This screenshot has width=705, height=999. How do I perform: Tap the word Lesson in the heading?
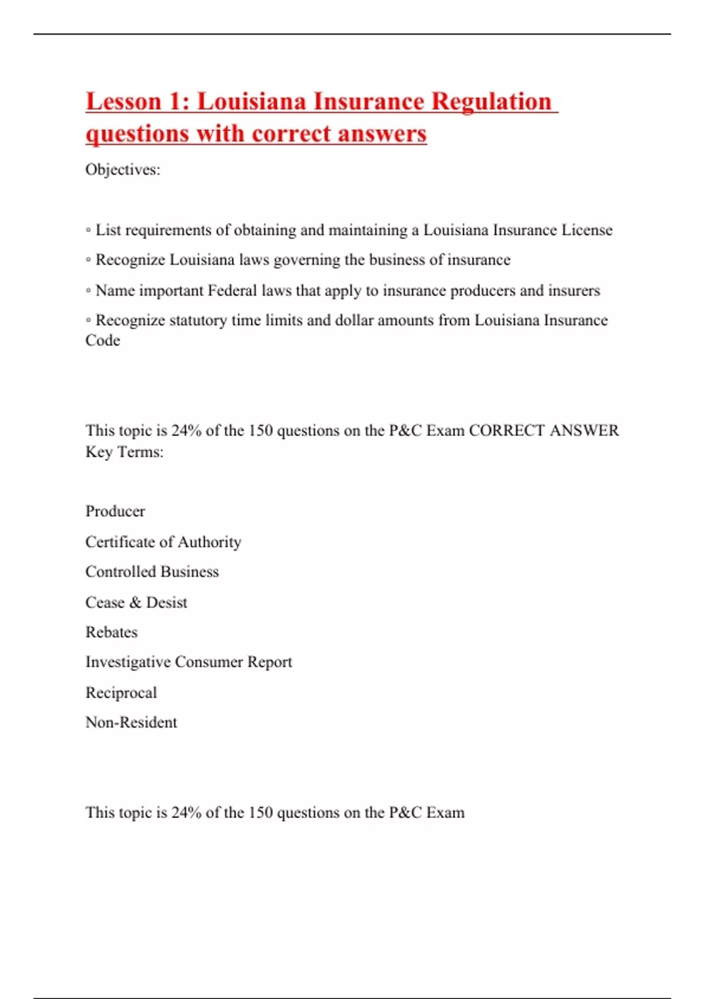pos(123,102)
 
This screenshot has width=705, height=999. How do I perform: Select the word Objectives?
pos(122,170)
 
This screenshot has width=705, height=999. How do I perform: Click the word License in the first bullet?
pos(586,230)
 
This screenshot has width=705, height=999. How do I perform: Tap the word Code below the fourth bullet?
pos(103,341)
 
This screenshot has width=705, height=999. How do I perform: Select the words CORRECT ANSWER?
pos(543,431)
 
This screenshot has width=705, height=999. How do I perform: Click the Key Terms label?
pos(124,452)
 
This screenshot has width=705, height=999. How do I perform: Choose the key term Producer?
pos(115,511)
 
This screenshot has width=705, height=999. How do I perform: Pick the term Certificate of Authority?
pos(163,542)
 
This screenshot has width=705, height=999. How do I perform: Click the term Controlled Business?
pos(152,572)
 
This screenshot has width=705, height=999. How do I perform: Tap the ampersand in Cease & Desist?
pos(135,602)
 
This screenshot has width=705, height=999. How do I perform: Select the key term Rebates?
pos(112,632)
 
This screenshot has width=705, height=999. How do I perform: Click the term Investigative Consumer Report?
pos(189,662)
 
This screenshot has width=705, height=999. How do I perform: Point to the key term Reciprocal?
pos(121,693)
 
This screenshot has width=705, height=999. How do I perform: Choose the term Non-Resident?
pos(131,722)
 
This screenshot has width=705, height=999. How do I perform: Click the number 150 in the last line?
pos(260,813)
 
